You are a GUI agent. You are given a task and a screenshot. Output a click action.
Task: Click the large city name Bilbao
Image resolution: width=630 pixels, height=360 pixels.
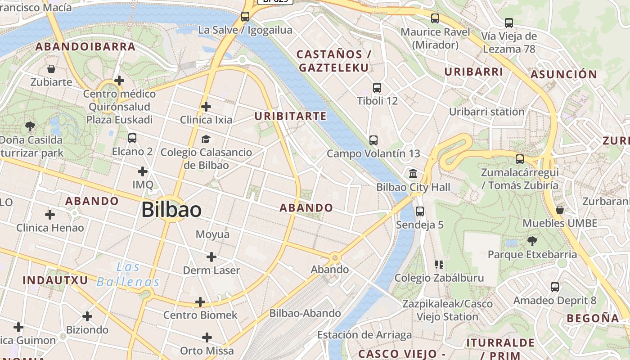[171, 210]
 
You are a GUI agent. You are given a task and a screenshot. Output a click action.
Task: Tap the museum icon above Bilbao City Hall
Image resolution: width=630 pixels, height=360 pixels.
[413, 174]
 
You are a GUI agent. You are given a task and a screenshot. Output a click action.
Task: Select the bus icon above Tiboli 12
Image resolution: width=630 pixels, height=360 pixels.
[377, 88]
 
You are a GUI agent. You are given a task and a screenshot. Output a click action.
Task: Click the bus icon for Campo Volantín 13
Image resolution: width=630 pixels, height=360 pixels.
[373, 140]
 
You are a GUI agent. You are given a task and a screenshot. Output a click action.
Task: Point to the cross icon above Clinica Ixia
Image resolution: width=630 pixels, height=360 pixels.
[206, 107]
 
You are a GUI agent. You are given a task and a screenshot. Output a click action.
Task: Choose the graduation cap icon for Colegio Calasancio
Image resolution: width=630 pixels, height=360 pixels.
[206, 139]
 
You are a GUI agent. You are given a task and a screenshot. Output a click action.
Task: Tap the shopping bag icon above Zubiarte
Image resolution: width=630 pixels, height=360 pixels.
[51, 69]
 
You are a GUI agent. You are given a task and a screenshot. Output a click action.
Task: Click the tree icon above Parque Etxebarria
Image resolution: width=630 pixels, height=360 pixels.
[532, 241]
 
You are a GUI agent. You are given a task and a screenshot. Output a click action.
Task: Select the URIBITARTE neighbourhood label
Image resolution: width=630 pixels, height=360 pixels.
[290, 116]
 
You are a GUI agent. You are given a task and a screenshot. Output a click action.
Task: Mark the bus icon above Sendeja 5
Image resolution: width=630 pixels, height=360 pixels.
[420, 211]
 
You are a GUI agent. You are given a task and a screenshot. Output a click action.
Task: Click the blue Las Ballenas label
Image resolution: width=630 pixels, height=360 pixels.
[128, 274]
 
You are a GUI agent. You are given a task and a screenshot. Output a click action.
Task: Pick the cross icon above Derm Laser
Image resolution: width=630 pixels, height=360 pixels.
[211, 257]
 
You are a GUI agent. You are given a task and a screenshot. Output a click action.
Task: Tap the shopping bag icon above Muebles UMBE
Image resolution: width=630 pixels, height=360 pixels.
[560, 210]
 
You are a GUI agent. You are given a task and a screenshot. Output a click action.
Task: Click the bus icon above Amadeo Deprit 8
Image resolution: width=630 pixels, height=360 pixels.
[555, 287]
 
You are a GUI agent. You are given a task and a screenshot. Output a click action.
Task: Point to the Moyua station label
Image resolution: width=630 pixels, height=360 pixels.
[212, 234]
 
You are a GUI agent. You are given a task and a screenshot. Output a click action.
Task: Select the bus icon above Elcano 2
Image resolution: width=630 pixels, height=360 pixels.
[132, 138]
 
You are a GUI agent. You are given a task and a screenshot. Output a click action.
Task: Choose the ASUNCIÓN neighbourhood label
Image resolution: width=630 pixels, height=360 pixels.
[564, 74]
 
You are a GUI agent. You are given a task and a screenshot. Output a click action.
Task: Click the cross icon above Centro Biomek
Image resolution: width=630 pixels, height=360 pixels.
[200, 302]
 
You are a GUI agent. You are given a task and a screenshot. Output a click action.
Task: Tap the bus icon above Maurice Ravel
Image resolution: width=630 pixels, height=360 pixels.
[435, 18]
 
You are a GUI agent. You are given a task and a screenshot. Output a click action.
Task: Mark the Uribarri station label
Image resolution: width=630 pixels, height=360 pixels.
[486, 112]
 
